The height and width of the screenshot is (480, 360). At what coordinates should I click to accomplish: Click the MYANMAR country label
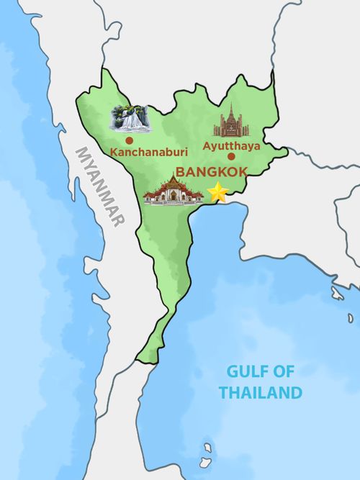101,186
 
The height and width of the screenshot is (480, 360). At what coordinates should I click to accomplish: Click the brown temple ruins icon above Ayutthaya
231,122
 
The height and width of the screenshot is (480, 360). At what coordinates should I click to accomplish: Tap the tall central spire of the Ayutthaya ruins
231,114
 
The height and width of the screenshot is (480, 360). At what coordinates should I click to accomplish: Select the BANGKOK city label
211,172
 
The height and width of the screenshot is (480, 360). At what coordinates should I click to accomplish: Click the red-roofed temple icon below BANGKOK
173,191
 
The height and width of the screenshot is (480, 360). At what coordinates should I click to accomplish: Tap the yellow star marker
217,192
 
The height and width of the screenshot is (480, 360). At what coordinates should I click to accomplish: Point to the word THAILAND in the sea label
260,393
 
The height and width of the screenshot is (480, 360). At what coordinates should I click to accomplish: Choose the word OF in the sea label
283,372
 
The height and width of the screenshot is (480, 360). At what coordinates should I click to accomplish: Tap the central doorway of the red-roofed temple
173,195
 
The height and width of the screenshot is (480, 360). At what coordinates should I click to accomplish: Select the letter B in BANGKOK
181,172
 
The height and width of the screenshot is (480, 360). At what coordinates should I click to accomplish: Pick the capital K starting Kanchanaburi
114,152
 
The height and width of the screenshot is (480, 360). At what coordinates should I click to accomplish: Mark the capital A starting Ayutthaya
207,145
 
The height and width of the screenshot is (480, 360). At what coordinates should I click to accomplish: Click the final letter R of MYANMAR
119,219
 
